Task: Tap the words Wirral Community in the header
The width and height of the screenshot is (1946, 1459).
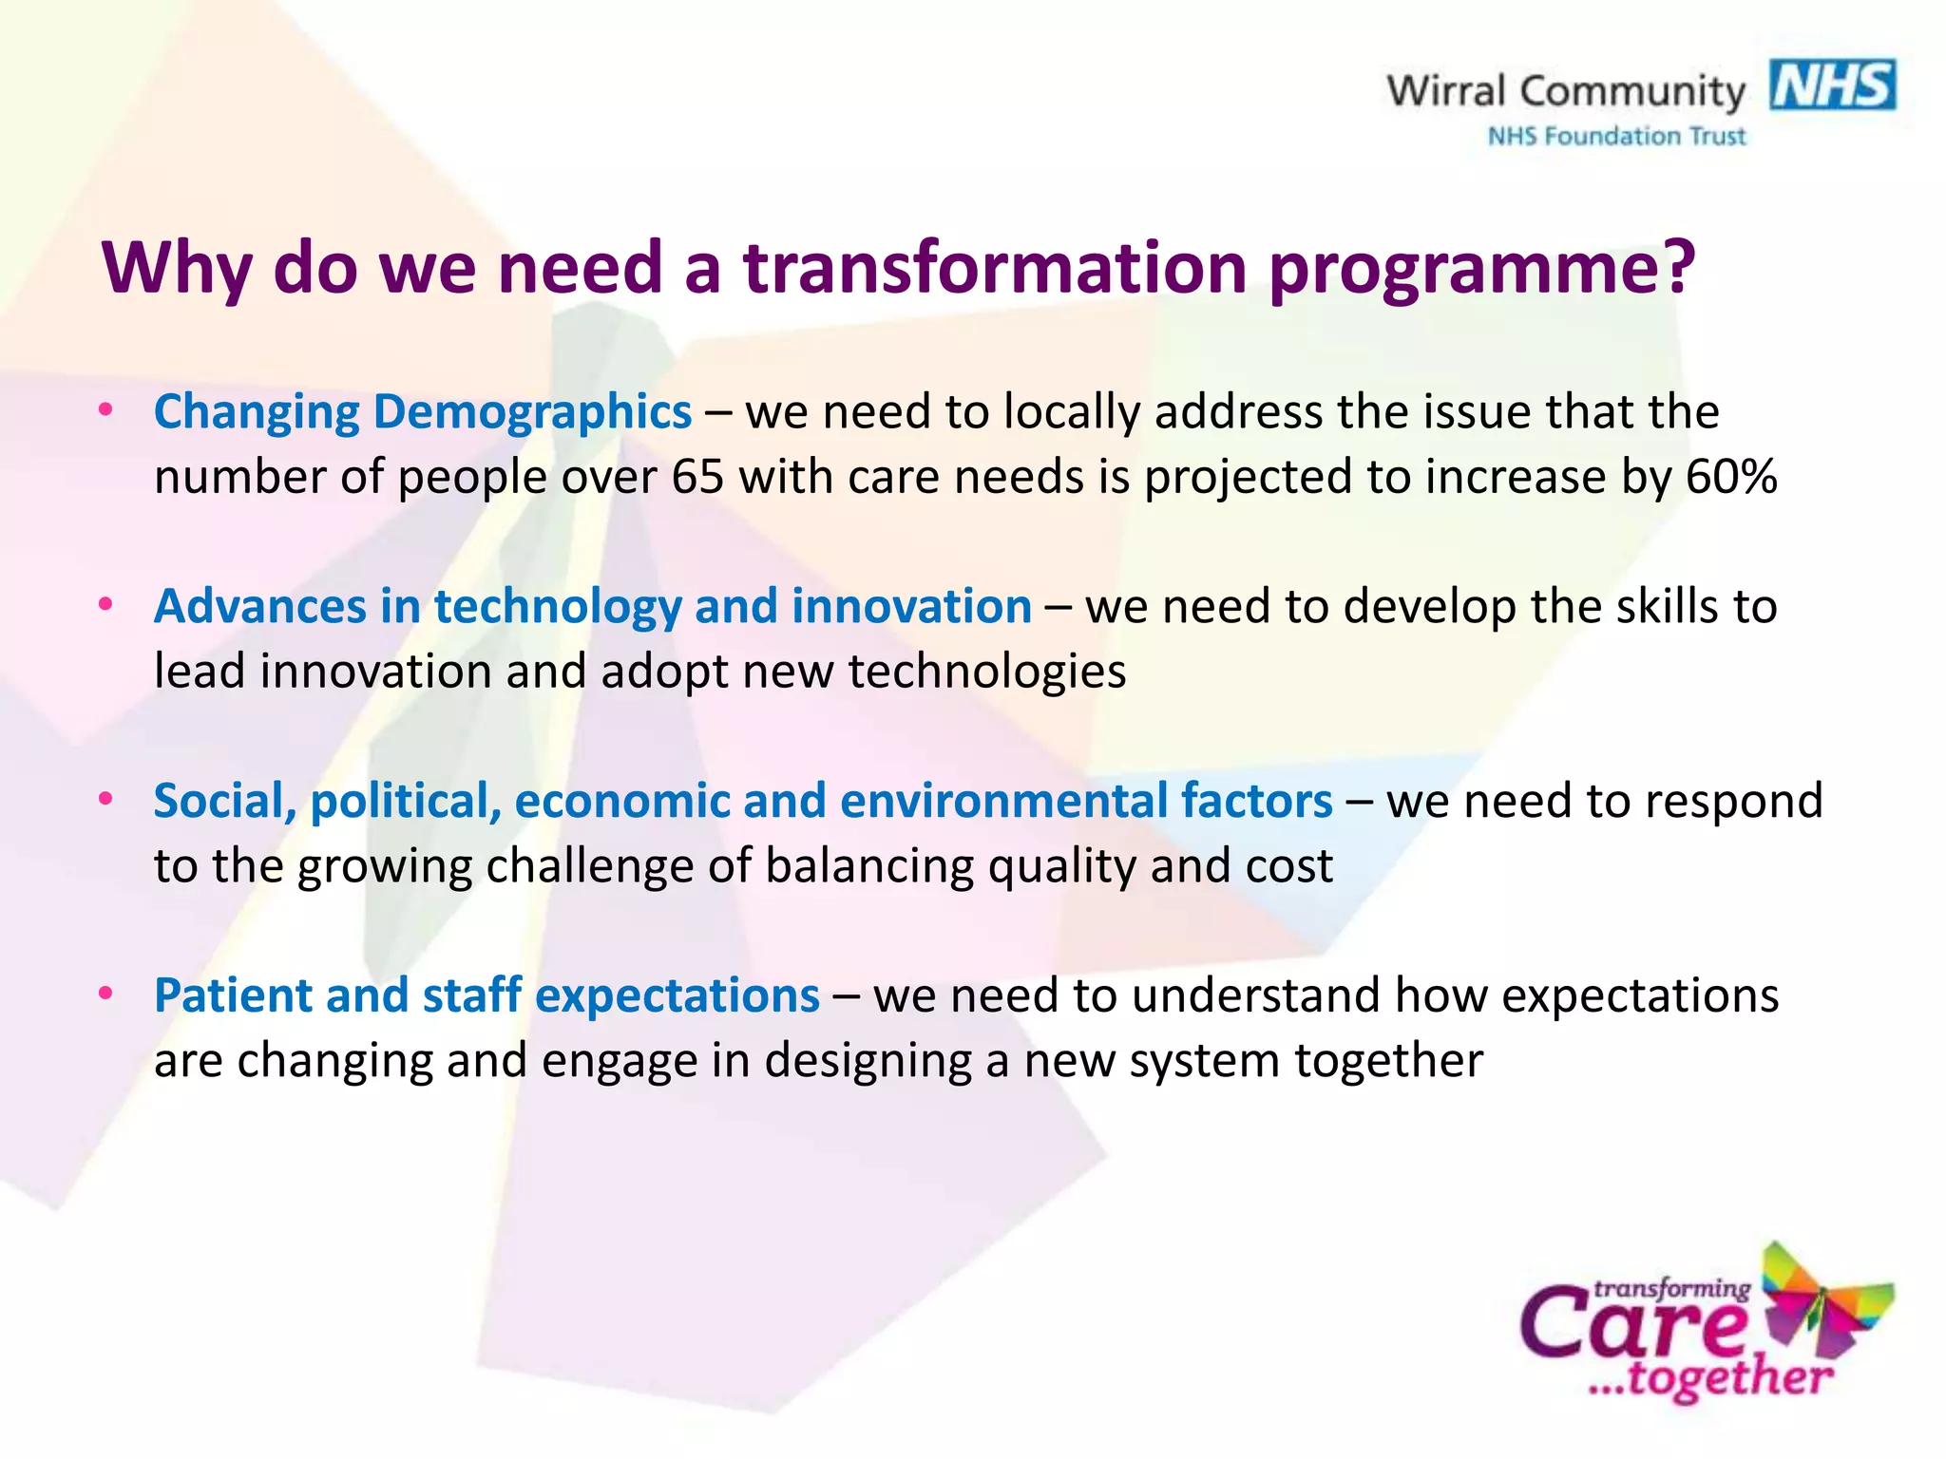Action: [x=1565, y=91]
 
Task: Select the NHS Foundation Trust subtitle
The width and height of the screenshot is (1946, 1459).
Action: [x=1616, y=137]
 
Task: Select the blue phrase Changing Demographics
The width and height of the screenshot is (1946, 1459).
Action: [x=423, y=413]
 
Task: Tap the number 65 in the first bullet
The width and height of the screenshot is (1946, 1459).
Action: [x=697, y=477]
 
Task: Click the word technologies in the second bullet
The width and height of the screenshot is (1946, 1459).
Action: [x=986, y=673]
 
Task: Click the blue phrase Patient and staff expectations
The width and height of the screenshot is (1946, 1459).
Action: [x=486, y=996]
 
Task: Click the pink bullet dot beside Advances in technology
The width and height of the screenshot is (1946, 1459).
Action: [x=106, y=604]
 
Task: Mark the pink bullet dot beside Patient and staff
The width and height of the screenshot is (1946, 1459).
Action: [x=106, y=994]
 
